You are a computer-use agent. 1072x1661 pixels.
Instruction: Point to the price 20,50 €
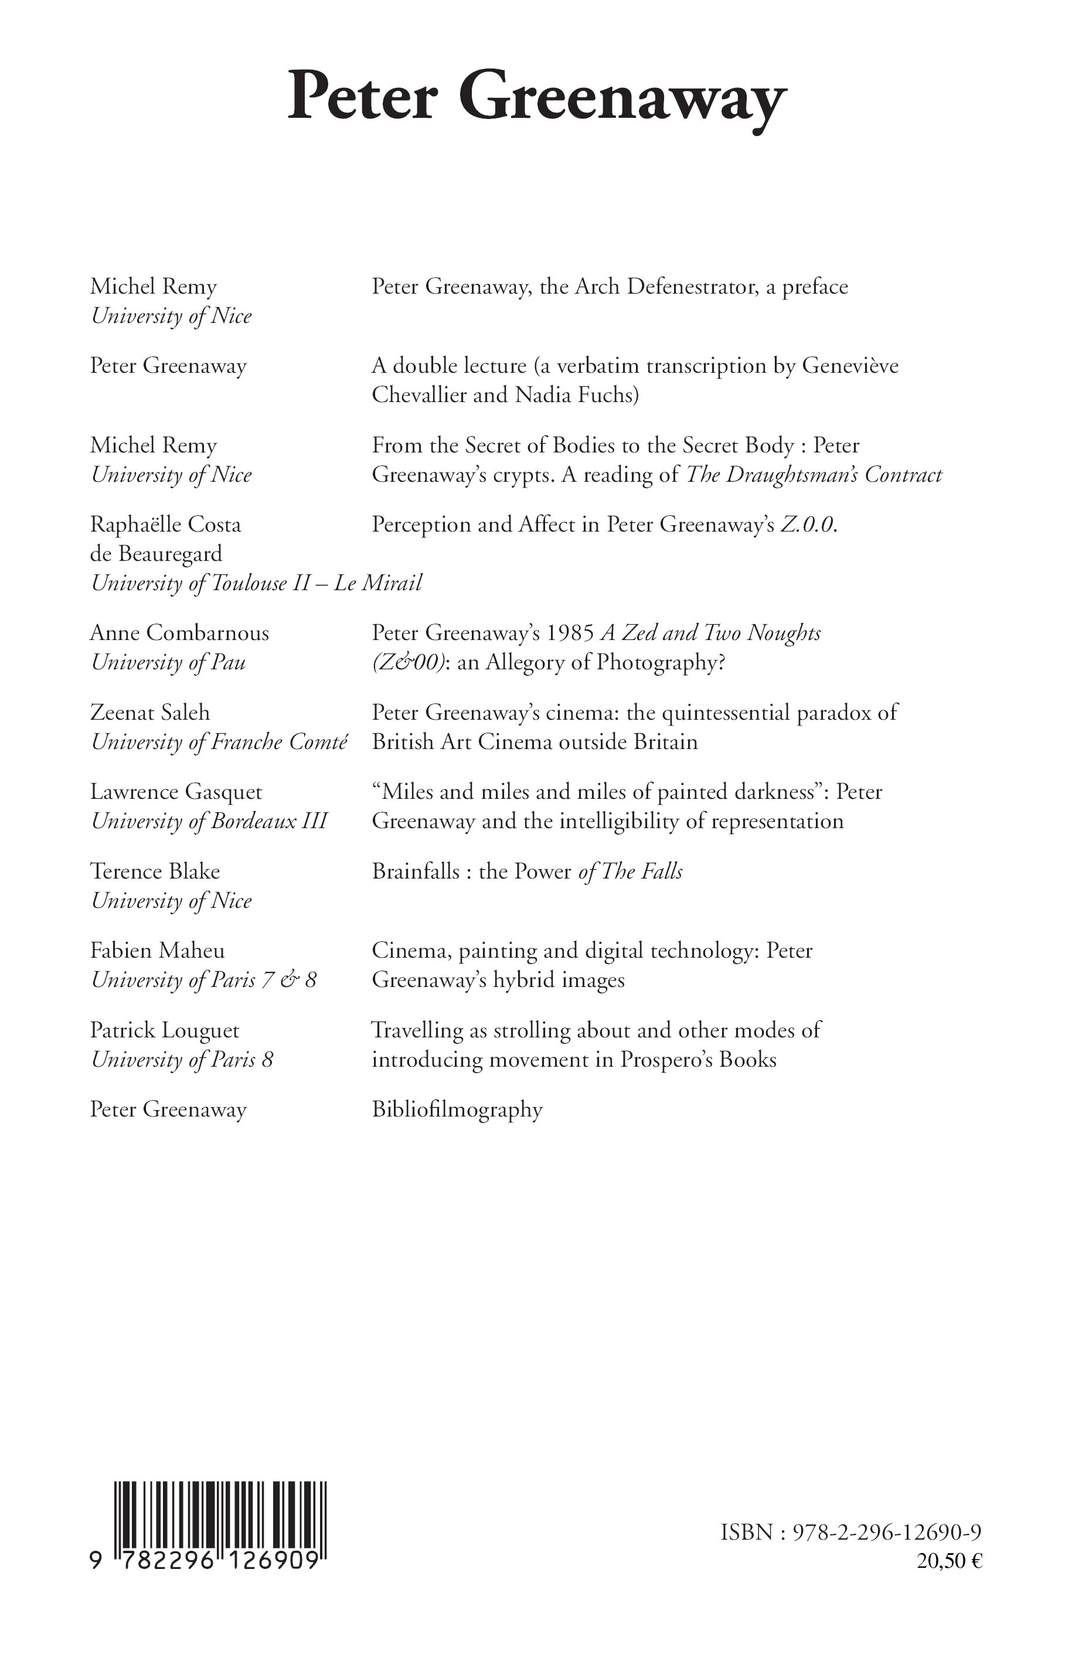click(950, 1561)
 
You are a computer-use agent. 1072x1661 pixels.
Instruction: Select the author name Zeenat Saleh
click(149, 712)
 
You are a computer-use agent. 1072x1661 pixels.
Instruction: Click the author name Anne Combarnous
click(179, 633)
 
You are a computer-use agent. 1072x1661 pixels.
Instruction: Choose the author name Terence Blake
click(155, 871)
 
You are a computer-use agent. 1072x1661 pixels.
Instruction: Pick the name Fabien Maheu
click(157, 950)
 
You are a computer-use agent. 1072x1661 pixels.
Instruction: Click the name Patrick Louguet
click(164, 1030)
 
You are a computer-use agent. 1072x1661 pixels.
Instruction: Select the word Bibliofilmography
click(457, 1109)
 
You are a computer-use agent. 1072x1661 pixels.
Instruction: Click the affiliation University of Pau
click(168, 662)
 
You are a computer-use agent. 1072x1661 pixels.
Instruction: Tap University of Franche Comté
click(219, 742)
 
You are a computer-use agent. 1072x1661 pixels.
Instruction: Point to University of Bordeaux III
click(209, 822)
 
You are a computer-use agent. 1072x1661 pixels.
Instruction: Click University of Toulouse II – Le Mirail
click(256, 583)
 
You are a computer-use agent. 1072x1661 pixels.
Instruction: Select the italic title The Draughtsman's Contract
click(814, 475)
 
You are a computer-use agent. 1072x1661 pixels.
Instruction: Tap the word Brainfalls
click(416, 871)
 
